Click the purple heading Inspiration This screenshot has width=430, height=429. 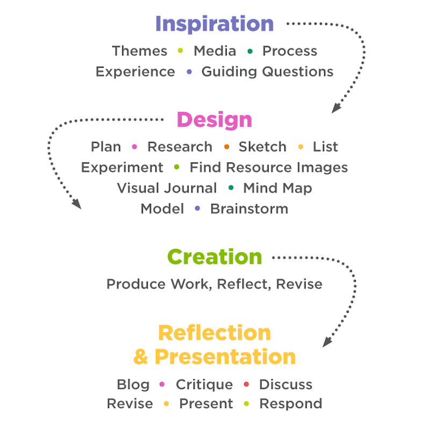click(x=214, y=24)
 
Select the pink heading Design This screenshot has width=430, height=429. click(x=214, y=120)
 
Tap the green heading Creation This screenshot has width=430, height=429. click(x=214, y=257)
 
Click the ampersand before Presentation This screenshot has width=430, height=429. click(x=140, y=356)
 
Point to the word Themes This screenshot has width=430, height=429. click(x=139, y=51)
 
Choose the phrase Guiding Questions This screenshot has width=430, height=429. click(x=267, y=71)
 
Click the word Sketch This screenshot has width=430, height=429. click(x=262, y=147)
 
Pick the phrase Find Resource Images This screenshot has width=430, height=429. click(x=268, y=167)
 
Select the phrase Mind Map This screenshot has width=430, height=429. click(x=277, y=188)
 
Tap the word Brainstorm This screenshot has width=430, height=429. click(x=249, y=209)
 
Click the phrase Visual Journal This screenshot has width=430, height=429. click(x=167, y=188)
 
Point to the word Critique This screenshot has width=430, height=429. click(x=204, y=384)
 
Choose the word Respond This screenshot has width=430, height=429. click(x=291, y=404)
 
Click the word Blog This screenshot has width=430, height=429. click(x=133, y=384)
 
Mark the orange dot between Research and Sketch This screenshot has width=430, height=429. click(x=226, y=147)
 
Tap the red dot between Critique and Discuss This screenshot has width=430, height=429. click(x=246, y=384)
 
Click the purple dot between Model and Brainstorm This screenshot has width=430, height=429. click(x=197, y=209)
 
